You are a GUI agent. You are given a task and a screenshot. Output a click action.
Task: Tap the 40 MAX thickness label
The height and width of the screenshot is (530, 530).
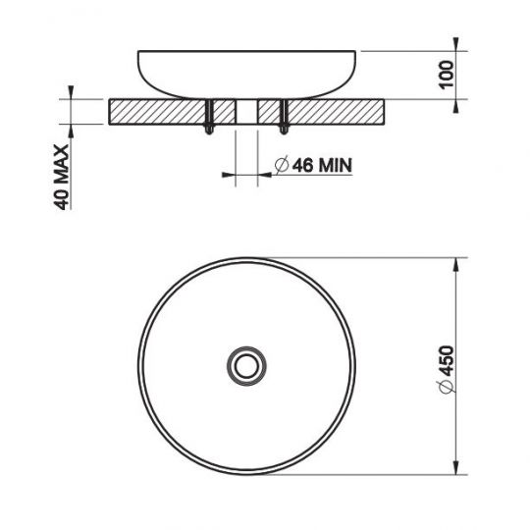[x=61, y=178]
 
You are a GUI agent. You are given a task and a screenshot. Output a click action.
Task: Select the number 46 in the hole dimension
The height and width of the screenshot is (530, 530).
[x=301, y=165]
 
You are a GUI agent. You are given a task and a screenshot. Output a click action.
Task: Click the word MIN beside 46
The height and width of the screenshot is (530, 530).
[x=333, y=165]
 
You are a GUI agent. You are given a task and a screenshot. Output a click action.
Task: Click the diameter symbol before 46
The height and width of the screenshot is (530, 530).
[x=281, y=165]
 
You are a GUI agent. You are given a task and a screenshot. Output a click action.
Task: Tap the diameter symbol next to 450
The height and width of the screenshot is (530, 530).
[x=448, y=390]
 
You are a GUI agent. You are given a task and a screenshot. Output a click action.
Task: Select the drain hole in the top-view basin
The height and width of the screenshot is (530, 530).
[x=242, y=365]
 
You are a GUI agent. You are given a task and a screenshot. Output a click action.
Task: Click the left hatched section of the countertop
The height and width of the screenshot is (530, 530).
[x=157, y=111]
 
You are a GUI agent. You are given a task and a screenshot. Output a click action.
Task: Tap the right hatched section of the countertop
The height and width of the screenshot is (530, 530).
[x=334, y=111]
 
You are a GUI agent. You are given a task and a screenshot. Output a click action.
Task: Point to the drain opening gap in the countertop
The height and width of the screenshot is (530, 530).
[x=247, y=111]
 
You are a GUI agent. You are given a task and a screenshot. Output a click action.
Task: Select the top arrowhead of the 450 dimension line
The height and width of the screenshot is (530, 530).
[x=458, y=264]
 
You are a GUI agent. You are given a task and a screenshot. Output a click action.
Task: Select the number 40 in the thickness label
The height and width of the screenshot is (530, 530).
[x=61, y=199]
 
